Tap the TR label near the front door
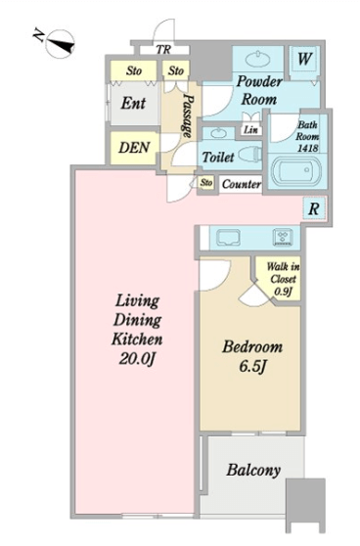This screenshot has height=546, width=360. click(x=163, y=50)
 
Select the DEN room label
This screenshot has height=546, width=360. click(x=134, y=148)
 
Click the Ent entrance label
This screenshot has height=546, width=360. click(x=133, y=104)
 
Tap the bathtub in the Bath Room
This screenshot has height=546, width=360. click(x=296, y=170)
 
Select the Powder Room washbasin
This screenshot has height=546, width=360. click(x=258, y=59)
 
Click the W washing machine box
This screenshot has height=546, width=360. click(x=304, y=59)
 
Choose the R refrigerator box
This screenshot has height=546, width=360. click(x=314, y=208)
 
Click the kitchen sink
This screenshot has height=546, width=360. click(x=228, y=238)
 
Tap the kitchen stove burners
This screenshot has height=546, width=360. click(x=283, y=237)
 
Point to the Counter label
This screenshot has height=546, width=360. click(x=242, y=184)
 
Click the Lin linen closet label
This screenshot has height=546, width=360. click(x=250, y=130)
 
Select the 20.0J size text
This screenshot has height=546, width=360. click(x=137, y=358)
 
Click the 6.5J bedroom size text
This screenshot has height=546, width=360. click(x=253, y=366)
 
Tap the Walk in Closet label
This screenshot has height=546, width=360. click(x=283, y=279)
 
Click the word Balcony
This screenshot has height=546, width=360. click(x=253, y=471)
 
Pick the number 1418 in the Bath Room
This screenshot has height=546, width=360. click(x=308, y=148)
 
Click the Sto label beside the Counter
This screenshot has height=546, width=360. click(x=206, y=182)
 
